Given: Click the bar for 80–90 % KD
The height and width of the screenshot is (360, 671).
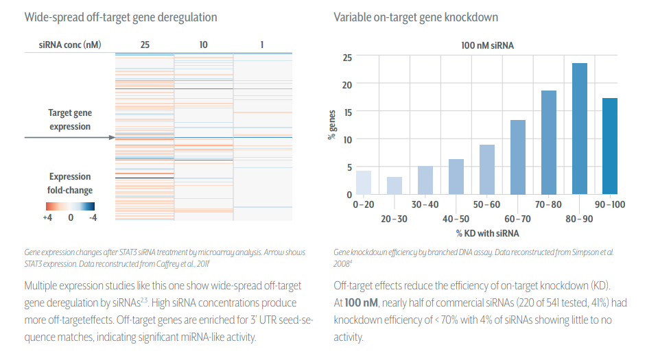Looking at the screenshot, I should pos(580,129).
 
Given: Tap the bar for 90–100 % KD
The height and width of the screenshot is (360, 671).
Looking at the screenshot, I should pos(610,146).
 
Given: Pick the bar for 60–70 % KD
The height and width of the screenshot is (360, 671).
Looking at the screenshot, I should pos(518,157).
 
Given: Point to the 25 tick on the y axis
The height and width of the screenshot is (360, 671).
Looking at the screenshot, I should pos(347,58).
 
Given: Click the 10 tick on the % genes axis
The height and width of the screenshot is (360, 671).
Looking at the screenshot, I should pos(347,140).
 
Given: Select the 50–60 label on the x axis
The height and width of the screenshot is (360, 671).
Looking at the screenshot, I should pos(487,205).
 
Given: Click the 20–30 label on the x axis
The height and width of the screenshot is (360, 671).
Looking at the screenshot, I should pos(394,219).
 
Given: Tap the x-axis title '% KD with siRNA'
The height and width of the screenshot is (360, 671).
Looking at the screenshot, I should pos(486,233).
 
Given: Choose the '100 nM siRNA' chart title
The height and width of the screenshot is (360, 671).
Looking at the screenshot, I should pos(487,46).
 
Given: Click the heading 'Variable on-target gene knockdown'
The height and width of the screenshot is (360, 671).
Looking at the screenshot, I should pos(416,16).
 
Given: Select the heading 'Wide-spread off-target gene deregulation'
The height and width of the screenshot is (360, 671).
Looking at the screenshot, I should pos(120,16).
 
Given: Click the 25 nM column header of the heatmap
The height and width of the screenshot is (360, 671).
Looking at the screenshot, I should pos(145,45).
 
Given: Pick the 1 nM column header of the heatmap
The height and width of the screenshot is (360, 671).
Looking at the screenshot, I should pos(261,45).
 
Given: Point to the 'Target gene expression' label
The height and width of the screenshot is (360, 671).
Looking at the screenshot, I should pos(69,119).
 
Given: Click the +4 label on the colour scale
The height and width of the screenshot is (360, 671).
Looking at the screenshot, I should pos(48,217).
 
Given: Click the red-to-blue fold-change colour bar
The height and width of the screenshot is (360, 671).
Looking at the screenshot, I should pos(70,206).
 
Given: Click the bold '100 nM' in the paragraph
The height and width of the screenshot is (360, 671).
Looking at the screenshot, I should pos(361,302).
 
